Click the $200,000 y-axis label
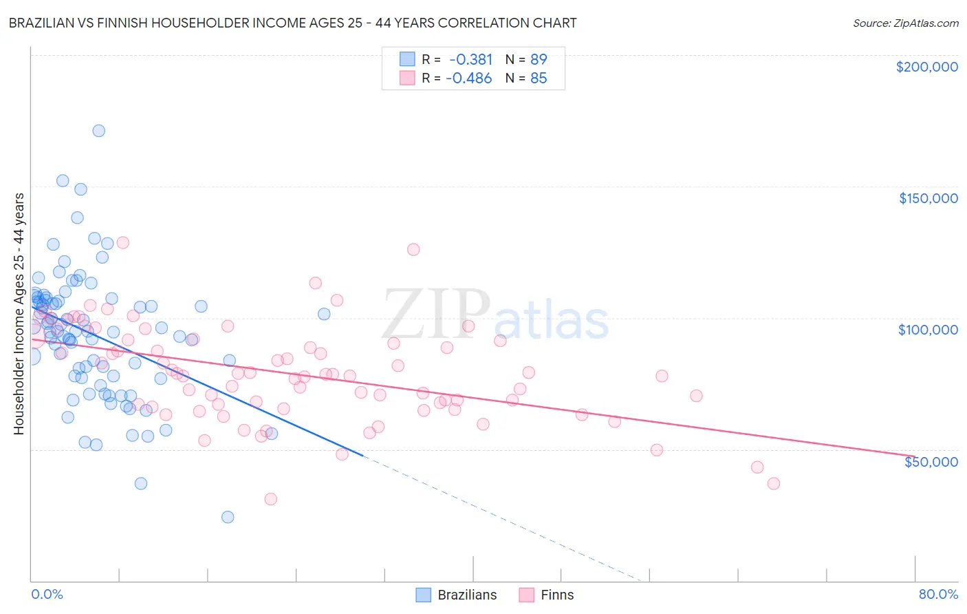point(926,67)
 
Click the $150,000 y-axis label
point(928,198)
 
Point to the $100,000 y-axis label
point(928,330)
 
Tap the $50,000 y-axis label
point(931,461)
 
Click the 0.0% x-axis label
point(47,594)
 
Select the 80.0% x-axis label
point(938,594)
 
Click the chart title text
point(292,23)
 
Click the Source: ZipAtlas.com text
point(905,23)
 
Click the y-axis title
point(19,313)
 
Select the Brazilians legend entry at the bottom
point(457,595)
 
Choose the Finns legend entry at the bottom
point(546,595)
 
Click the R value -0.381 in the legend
point(470,59)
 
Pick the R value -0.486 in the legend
point(469,78)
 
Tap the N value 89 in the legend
point(539,59)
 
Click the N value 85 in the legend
point(539,78)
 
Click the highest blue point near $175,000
point(98,131)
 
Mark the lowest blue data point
point(228,517)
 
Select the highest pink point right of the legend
point(413,250)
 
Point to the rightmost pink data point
point(774,483)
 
